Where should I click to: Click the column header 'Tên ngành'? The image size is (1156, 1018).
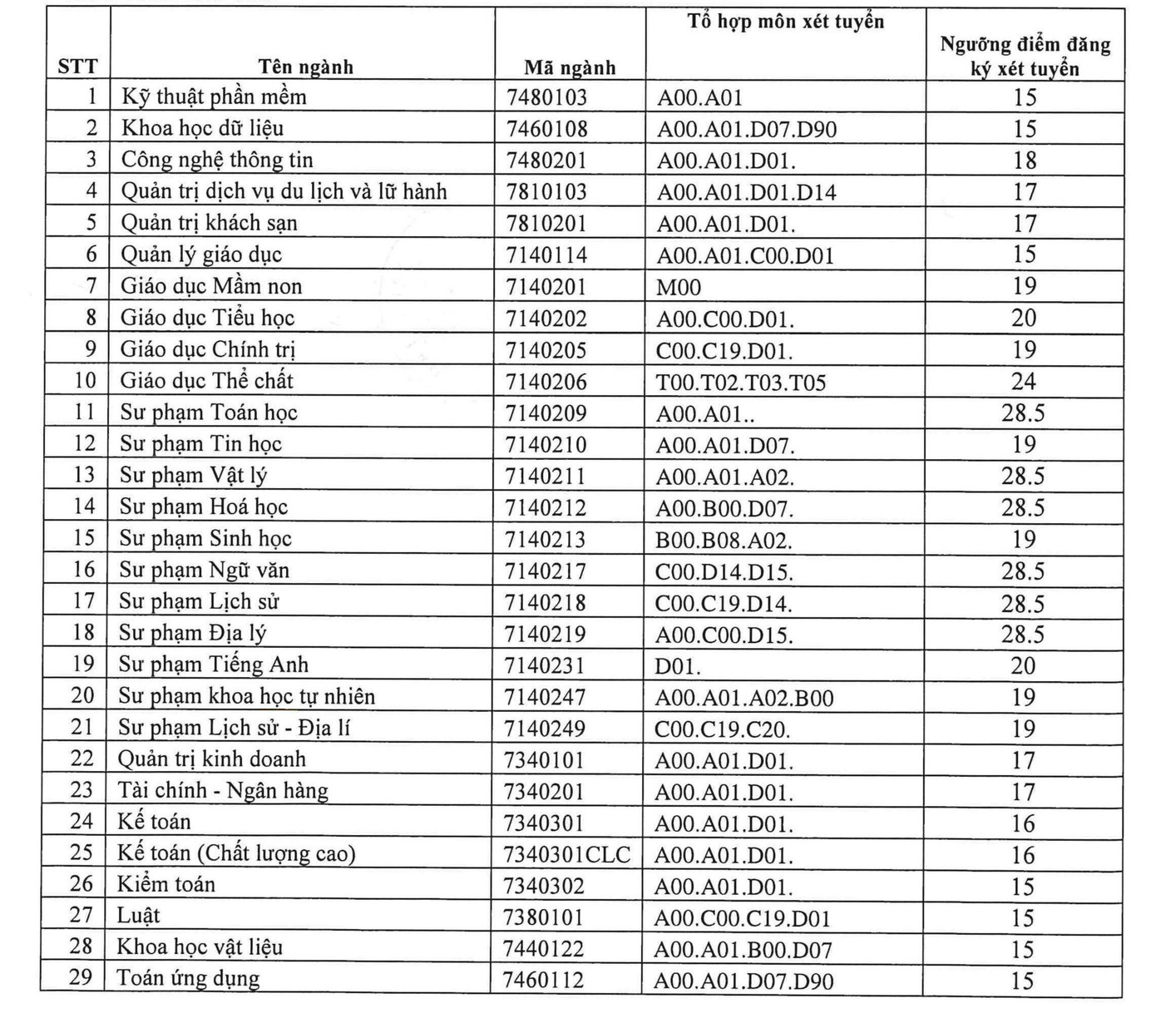[305, 67]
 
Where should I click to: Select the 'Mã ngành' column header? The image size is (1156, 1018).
[570, 68]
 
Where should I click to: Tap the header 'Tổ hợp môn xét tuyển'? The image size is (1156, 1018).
[785, 22]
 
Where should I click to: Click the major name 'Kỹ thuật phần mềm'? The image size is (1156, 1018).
[214, 97]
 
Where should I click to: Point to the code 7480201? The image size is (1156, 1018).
[546, 161]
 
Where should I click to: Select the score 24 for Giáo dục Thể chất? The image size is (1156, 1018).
[1023, 382]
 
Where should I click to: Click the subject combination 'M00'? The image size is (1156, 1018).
[679, 288]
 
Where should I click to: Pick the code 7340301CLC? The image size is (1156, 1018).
[567, 855]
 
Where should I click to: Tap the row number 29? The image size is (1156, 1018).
[81, 977]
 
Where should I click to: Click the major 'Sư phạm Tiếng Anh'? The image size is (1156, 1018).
[213, 665]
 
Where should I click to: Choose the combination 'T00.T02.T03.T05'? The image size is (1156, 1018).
[740, 383]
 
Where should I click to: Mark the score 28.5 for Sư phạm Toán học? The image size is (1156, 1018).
[1023, 413]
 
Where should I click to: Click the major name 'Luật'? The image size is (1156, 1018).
[138, 916]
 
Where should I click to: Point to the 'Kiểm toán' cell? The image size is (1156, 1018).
[165, 884]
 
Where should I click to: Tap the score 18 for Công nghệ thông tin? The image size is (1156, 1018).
[1025, 161]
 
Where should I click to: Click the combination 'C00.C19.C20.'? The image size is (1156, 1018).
[722, 730]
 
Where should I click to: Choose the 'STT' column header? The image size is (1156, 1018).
[77, 67]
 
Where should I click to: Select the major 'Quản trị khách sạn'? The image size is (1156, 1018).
[209, 224]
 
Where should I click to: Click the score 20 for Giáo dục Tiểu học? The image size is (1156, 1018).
[1024, 319]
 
